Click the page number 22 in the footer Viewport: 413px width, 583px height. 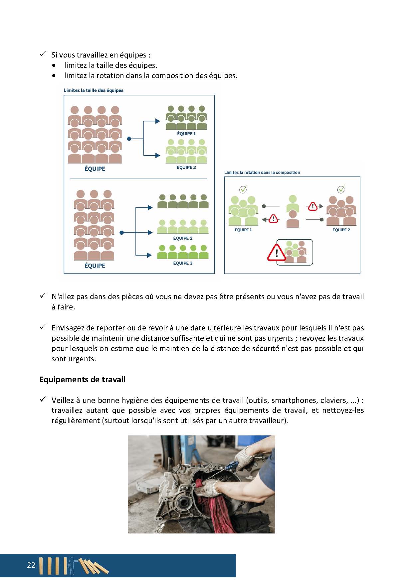click(x=31, y=565)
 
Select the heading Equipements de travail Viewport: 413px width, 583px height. click(x=82, y=380)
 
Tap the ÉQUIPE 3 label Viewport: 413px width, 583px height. click(x=183, y=263)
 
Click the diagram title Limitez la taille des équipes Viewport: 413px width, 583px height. click(x=94, y=90)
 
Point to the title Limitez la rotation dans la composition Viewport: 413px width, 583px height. click(x=262, y=173)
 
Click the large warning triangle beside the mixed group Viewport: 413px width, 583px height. click(x=276, y=252)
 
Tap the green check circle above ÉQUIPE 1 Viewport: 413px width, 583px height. click(x=243, y=189)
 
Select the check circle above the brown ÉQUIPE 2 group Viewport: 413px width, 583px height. click(x=341, y=189)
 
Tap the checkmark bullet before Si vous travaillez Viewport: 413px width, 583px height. click(x=43, y=54)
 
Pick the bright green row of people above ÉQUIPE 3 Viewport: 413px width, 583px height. click(x=183, y=252)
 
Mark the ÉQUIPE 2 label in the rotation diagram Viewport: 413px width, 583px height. click(x=341, y=230)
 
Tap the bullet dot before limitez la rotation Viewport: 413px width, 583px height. click(x=54, y=76)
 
